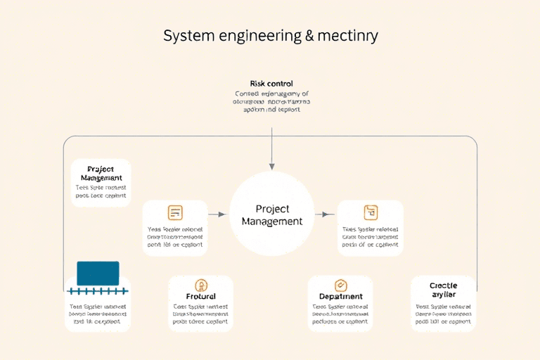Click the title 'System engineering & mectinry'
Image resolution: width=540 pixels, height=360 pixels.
point(271,35)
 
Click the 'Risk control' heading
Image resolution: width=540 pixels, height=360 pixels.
point(271,84)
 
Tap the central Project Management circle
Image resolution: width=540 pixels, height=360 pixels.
point(271,214)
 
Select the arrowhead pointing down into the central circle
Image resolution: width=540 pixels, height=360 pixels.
point(271,165)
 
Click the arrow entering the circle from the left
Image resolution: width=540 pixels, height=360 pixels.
point(219,214)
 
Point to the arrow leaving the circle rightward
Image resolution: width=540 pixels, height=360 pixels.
point(324,214)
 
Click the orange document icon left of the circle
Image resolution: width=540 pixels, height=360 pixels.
point(175,212)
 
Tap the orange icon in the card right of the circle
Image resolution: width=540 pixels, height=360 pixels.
point(371,212)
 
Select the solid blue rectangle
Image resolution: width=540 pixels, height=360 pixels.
point(98,273)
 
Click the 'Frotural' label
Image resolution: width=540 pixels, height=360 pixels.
point(201,297)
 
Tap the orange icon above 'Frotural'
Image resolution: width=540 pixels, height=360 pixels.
point(201,285)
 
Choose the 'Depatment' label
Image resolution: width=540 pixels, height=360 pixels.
point(341,297)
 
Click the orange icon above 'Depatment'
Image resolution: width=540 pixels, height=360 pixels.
point(341,285)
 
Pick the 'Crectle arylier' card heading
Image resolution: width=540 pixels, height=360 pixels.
point(443,290)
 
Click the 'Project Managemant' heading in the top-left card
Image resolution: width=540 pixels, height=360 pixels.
point(101,174)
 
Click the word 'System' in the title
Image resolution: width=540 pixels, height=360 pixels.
point(186,35)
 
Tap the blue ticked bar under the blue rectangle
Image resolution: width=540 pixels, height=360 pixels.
point(98,290)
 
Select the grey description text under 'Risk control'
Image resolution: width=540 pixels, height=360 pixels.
point(271,102)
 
